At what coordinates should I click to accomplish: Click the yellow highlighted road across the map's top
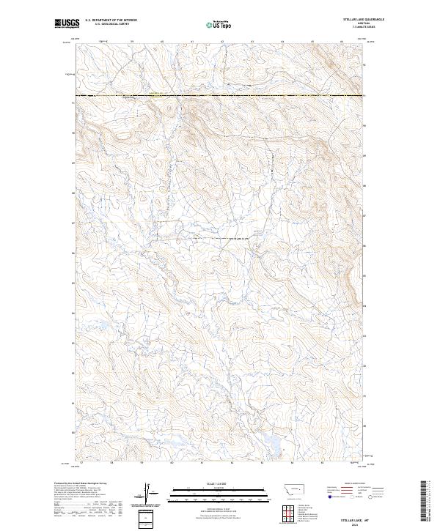pos(220,96)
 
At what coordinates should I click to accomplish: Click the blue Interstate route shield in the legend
pos(328,497)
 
